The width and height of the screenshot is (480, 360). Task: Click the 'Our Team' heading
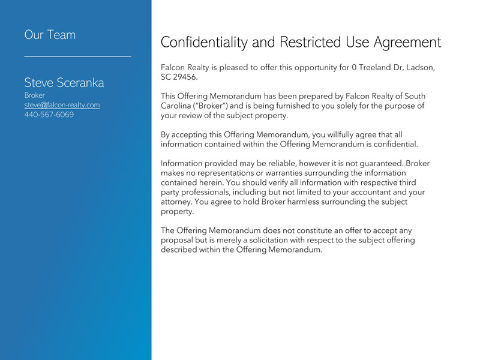point(50,35)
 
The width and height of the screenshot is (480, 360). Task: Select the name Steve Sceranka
point(64,83)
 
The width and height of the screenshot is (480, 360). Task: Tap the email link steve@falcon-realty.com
point(62,105)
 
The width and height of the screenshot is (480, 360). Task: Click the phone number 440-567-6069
point(49,115)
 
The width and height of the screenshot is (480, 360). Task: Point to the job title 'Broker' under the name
point(34,95)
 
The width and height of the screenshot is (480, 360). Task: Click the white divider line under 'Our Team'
point(77,56)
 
